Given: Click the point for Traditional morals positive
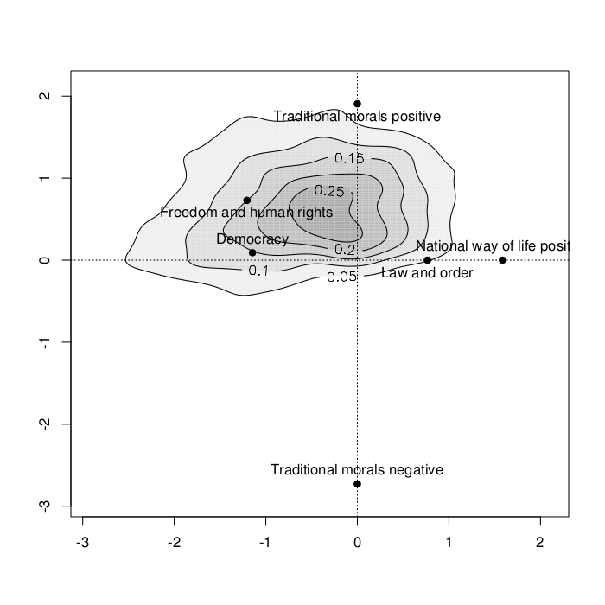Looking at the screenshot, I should (x=357, y=104).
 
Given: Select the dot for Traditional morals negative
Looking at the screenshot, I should (x=357, y=484).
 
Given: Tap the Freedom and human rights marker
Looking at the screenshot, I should (x=247, y=201).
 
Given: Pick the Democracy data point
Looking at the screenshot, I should (x=252, y=252).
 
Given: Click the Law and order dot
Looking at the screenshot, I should (x=428, y=260).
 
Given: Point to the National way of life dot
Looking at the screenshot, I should (x=502, y=260).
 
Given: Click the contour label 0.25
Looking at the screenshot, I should (x=329, y=190).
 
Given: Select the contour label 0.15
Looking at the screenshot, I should (x=350, y=158).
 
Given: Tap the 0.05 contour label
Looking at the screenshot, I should (x=343, y=277).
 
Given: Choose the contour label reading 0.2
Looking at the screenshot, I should (x=345, y=249).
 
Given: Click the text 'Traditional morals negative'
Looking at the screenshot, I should (x=357, y=470).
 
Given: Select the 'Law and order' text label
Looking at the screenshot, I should (x=427, y=274).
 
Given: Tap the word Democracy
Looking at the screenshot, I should (x=252, y=239).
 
